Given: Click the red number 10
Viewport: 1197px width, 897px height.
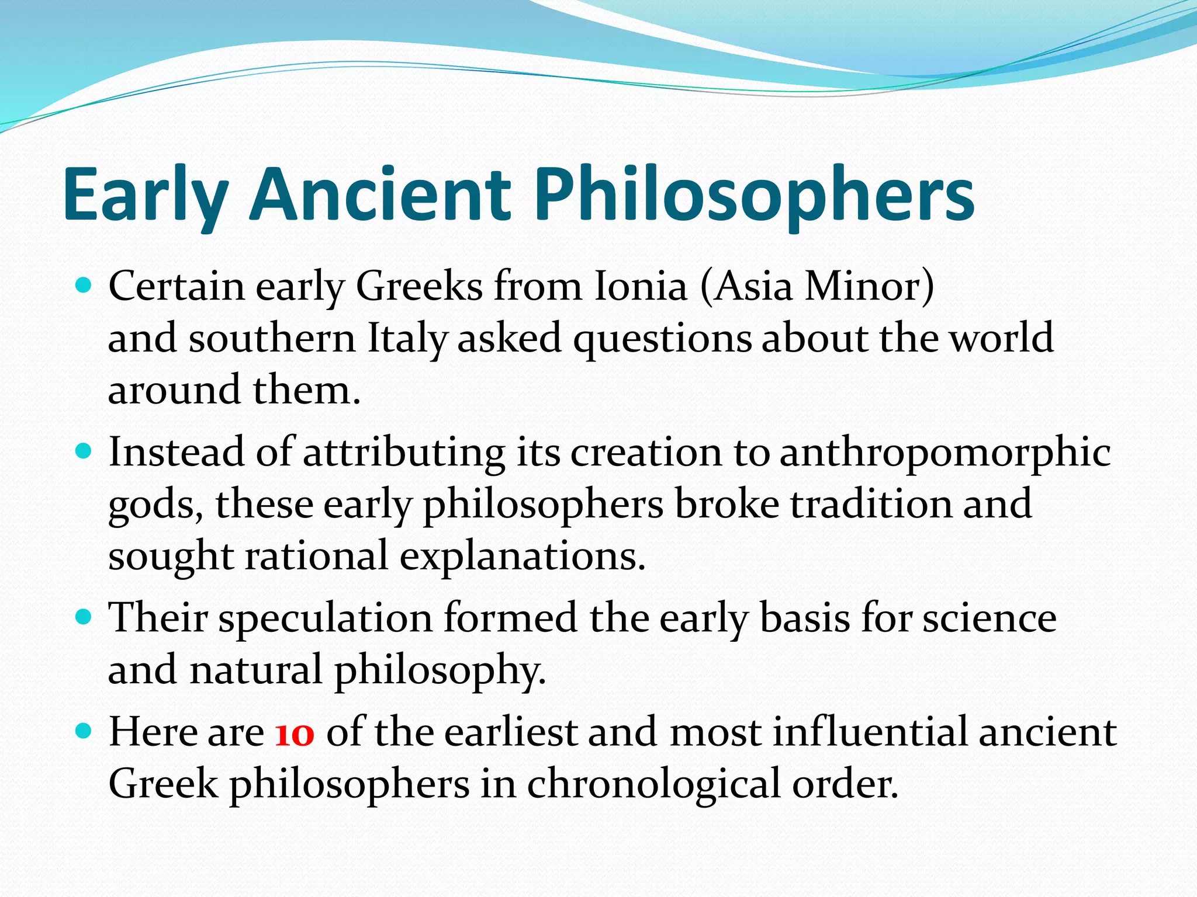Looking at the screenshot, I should [x=295, y=733].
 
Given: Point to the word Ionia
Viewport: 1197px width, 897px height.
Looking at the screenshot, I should [x=640, y=287].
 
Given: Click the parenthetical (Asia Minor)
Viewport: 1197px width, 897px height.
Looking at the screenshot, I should [x=817, y=287].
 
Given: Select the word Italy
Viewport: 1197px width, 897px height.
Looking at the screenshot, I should [x=407, y=339].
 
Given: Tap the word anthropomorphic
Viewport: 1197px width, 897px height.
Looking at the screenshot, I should [x=945, y=453].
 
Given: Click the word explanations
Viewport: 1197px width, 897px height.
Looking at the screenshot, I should [x=522, y=556].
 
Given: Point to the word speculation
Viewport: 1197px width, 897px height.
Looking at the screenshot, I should [x=325, y=618].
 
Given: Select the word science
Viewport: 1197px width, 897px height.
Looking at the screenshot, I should [x=989, y=618].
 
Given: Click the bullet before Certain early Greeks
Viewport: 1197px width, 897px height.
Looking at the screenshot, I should [x=85, y=286].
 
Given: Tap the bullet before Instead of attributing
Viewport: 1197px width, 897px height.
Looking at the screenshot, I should [x=85, y=451].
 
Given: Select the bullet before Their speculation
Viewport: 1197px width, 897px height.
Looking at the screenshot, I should [x=85, y=617].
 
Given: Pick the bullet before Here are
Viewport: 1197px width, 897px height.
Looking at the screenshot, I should [x=85, y=731].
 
